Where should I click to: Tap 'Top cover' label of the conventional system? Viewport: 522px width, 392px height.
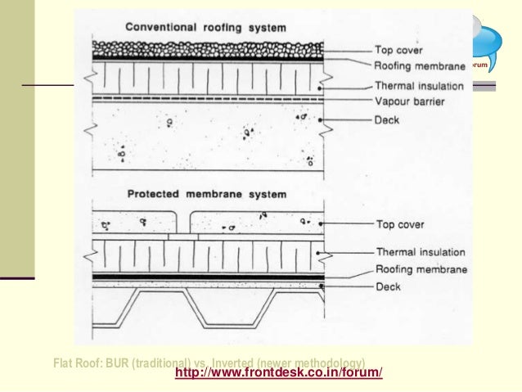tap(399, 49)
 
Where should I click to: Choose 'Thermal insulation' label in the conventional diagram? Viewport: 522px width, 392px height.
tap(420, 85)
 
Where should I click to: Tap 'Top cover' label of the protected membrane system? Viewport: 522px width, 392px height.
tap(399, 223)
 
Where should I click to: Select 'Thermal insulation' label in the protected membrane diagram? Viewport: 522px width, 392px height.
tap(420, 252)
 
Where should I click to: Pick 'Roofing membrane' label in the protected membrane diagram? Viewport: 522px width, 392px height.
tap(421, 269)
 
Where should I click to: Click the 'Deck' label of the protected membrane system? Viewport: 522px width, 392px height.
tap(388, 287)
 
